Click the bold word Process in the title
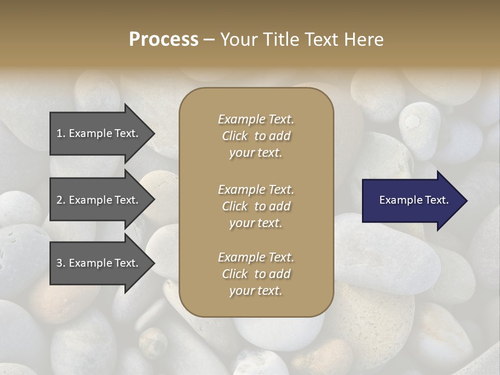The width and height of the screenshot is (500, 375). pos(164,40)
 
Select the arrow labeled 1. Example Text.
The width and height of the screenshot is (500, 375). pos(99,133)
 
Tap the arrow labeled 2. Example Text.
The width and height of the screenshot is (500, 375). pos(99,200)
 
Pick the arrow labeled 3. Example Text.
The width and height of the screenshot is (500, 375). pos(99,263)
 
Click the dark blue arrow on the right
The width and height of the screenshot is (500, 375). pos(411,201)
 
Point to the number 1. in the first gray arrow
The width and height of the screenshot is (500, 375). pos(61,133)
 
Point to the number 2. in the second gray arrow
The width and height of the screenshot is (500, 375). pos(61,200)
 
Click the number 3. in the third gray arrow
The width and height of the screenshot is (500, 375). pos(61,263)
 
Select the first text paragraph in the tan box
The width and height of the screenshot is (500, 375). pos(256,136)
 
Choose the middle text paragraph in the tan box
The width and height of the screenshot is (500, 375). pos(256,206)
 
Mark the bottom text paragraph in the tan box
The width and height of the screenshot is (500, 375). pos(256,274)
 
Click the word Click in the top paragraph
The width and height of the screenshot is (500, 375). pos(235,136)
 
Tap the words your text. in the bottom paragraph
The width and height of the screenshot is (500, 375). pos(256,291)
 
